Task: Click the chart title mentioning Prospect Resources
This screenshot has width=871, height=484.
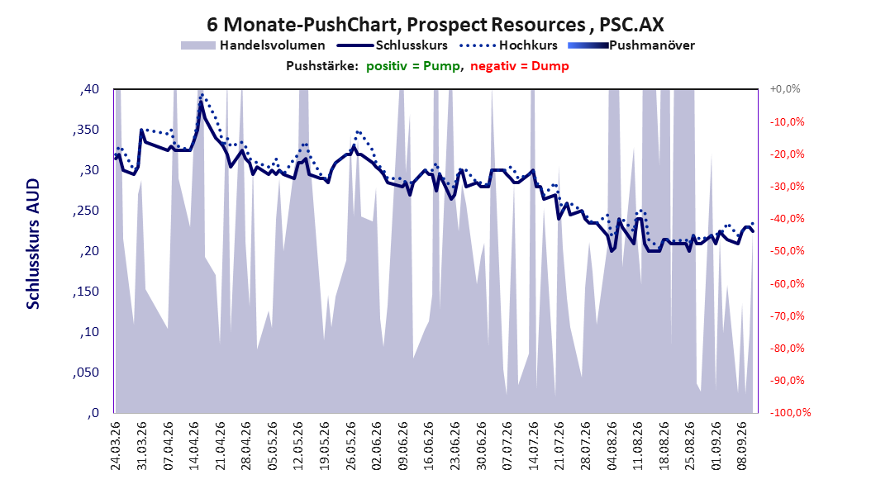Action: [435, 25]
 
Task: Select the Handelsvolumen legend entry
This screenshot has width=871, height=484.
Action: [254, 45]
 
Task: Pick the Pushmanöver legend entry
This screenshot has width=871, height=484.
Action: [631, 45]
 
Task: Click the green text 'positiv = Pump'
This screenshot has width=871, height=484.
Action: [412, 66]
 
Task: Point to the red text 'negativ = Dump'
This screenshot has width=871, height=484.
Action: [520, 66]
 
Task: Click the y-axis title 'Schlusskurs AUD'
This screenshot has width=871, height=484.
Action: [33, 244]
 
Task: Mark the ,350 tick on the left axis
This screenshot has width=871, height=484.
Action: [86, 130]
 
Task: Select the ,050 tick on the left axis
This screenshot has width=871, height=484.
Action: [86, 372]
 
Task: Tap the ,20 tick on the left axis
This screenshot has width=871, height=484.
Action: [89, 251]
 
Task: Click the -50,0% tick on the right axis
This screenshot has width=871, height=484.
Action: [787, 251]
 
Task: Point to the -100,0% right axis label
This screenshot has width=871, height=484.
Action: [790, 412]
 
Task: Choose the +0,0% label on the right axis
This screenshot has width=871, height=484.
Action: [785, 89]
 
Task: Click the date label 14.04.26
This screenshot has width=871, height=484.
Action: [194, 446]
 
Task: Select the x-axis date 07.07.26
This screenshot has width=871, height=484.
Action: [507, 446]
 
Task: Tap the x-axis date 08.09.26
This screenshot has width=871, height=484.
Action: [741, 446]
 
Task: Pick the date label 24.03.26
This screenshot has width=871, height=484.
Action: [116, 446]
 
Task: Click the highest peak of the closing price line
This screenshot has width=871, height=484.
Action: [201, 102]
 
